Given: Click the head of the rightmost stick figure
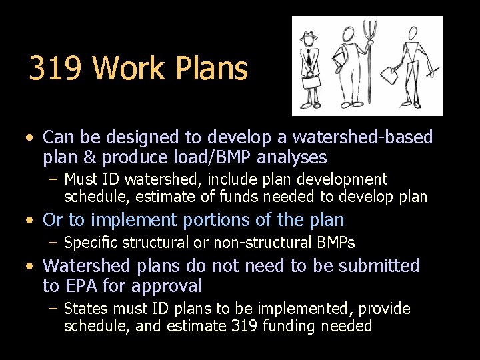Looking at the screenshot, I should pyautogui.click(x=413, y=33).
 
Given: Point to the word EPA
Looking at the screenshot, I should pyautogui.click(x=79, y=287).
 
